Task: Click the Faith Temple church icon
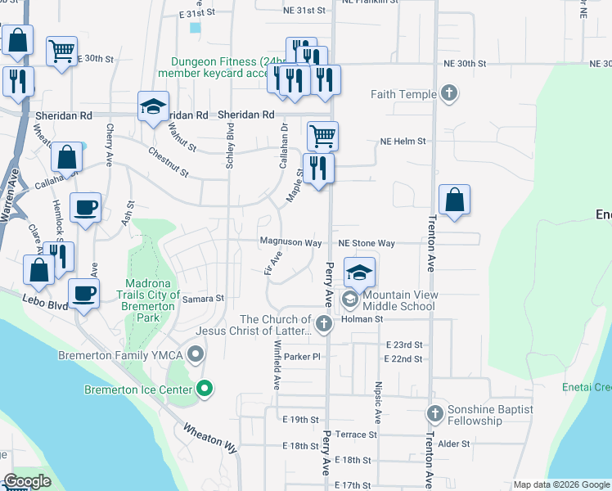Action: pyautogui.click(x=448, y=94)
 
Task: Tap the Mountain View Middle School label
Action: pyautogui.click(x=400, y=300)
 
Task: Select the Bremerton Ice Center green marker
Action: pyautogui.click(x=205, y=390)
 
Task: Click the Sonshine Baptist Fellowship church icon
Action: pyautogui.click(x=434, y=415)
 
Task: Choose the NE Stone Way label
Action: pyautogui.click(x=367, y=243)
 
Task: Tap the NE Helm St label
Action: pyautogui.click(x=403, y=141)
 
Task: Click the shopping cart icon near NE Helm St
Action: pyautogui.click(x=322, y=136)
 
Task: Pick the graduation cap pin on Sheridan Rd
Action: pyautogui.click(x=153, y=107)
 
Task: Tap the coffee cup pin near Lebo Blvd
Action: pyautogui.click(x=83, y=293)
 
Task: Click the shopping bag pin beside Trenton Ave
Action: pyautogui.click(x=454, y=200)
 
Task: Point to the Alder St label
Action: pyautogui.click(x=454, y=444)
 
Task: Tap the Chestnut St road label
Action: pyautogui.click(x=169, y=162)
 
